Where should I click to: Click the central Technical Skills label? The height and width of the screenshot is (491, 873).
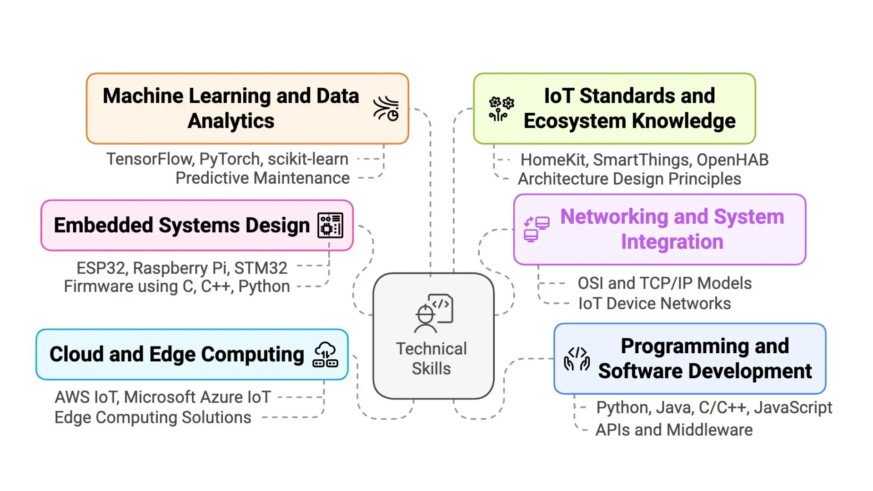tap(431, 358)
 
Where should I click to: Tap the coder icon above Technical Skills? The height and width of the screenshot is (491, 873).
tap(433, 314)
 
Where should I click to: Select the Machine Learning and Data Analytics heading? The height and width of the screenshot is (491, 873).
tap(231, 108)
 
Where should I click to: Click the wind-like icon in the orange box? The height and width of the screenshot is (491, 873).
tap(386, 108)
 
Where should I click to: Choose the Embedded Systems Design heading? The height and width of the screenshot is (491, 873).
tap(182, 225)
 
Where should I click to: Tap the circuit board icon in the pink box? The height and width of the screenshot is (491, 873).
tap(330, 225)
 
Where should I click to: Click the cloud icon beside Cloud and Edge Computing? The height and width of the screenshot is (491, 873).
tap(325, 354)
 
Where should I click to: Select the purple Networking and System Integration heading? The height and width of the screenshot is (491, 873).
tap(672, 229)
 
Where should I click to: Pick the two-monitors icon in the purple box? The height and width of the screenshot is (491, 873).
tap(537, 229)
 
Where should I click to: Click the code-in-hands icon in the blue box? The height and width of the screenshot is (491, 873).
tap(577, 359)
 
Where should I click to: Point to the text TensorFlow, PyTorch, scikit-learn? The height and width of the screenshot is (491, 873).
tap(227, 159)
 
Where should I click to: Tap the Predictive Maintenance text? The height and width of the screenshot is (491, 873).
tap(263, 178)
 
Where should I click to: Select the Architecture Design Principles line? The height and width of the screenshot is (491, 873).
tap(630, 179)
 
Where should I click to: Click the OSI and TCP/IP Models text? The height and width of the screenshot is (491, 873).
tap(665, 283)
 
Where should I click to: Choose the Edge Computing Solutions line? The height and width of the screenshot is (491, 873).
tap(153, 417)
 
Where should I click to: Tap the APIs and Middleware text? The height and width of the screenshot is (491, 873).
tap(674, 430)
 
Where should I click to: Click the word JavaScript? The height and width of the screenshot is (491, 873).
tap(793, 408)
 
